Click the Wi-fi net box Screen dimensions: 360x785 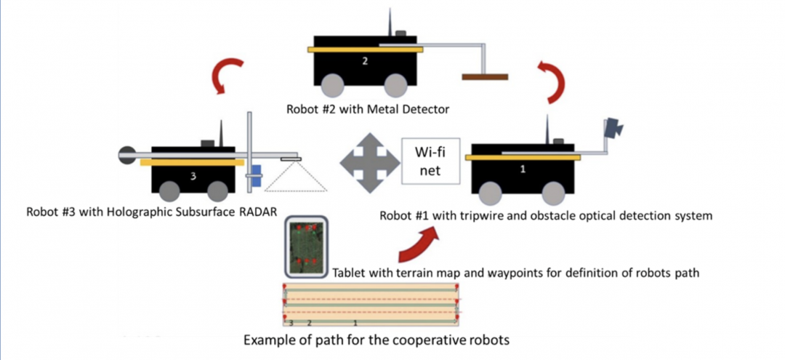[432, 161]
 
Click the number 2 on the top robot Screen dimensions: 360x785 [365, 62]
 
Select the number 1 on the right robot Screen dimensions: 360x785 [525, 169]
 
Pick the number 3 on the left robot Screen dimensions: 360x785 [193, 175]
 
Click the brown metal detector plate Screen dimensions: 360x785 [485, 76]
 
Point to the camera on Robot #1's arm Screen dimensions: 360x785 [613, 129]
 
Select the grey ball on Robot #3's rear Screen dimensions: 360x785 [126, 153]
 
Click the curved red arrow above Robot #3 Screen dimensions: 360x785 [222, 76]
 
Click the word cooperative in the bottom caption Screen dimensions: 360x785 [433, 340]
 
